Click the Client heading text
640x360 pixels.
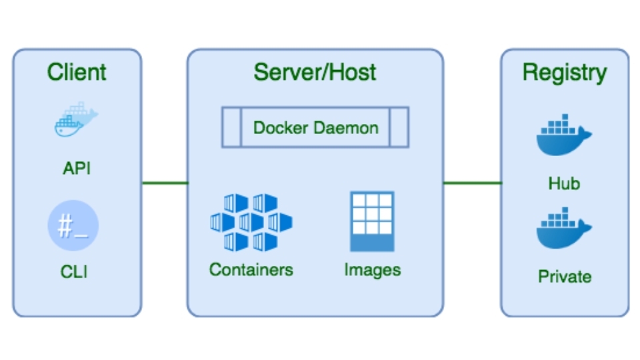point(77,72)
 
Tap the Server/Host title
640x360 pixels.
point(315,72)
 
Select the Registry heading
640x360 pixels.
point(564,72)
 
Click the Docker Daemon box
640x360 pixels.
point(315,127)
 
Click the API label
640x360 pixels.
point(77,168)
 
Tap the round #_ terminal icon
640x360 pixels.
point(73,226)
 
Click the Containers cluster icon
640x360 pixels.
point(251,222)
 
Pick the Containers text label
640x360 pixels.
point(251,269)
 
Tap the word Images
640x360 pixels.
point(372,269)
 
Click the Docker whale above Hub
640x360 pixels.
point(563,136)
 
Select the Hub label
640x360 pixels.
point(564,183)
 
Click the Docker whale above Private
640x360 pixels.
point(563,229)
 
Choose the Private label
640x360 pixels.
point(564,276)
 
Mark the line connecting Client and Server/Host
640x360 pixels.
point(165,183)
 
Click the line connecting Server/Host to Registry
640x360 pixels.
point(472,183)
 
